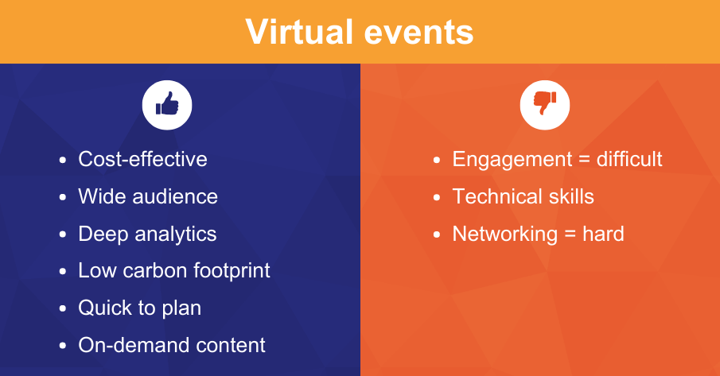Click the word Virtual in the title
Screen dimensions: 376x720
(298, 32)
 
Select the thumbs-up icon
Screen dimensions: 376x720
(167, 104)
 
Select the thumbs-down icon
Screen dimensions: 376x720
(545, 104)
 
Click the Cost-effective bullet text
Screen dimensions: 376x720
(142, 159)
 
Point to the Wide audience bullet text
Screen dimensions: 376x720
(147, 196)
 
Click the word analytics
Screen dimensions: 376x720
(173, 234)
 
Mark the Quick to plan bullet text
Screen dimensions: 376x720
(139, 308)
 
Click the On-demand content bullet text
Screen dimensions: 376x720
(171, 345)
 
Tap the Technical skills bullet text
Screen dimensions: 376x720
(523, 196)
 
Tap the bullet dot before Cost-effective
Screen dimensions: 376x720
(63, 160)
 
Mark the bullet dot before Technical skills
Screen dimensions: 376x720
(437, 197)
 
